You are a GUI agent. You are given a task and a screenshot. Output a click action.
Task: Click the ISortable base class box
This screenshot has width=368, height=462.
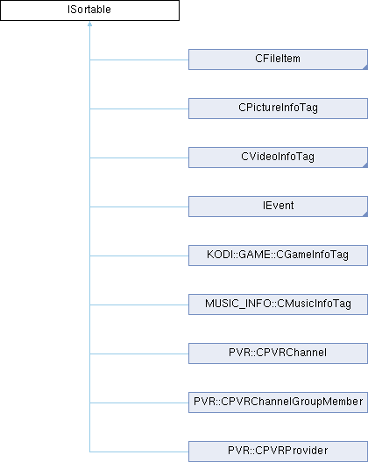click(89, 10)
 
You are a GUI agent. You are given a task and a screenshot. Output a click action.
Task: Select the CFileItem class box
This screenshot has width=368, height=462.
click(278, 59)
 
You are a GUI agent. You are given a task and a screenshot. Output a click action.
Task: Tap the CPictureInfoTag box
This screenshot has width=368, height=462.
click(278, 108)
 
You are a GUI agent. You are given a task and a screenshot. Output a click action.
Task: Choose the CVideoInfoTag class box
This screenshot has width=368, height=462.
click(278, 157)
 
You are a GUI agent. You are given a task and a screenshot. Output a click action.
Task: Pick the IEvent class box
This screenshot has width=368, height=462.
click(278, 206)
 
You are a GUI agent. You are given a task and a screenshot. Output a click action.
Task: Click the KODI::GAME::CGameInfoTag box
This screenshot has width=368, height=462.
click(278, 255)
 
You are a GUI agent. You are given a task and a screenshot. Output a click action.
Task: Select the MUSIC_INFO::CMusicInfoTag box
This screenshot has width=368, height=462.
click(278, 304)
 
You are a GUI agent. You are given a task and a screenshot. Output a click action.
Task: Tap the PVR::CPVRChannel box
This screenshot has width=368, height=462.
click(278, 353)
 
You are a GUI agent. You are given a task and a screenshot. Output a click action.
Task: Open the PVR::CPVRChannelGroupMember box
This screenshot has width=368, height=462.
click(278, 402)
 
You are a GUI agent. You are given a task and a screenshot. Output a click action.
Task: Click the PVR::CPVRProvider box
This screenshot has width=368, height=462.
click(278, 451)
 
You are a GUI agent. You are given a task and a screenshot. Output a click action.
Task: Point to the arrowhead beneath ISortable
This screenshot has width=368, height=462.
click(89, 24)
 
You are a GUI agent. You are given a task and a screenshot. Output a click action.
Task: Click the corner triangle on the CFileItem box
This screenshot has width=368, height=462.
click(365, 67)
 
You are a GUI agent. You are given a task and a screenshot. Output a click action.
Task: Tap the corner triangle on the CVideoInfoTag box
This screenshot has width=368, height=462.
click(365, 165)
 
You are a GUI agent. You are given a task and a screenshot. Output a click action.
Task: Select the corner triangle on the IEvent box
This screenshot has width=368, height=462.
click(365, 214)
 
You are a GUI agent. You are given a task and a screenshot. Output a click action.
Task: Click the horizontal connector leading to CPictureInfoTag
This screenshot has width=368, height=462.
click(139, 108)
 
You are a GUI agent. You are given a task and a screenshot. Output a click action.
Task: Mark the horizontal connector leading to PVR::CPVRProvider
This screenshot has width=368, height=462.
click(139, 451)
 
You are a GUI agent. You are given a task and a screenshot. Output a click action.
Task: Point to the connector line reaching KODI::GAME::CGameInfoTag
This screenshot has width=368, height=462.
click(139, 255)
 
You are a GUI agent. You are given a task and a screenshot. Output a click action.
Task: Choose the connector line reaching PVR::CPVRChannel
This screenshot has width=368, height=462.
click(139, 353)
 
